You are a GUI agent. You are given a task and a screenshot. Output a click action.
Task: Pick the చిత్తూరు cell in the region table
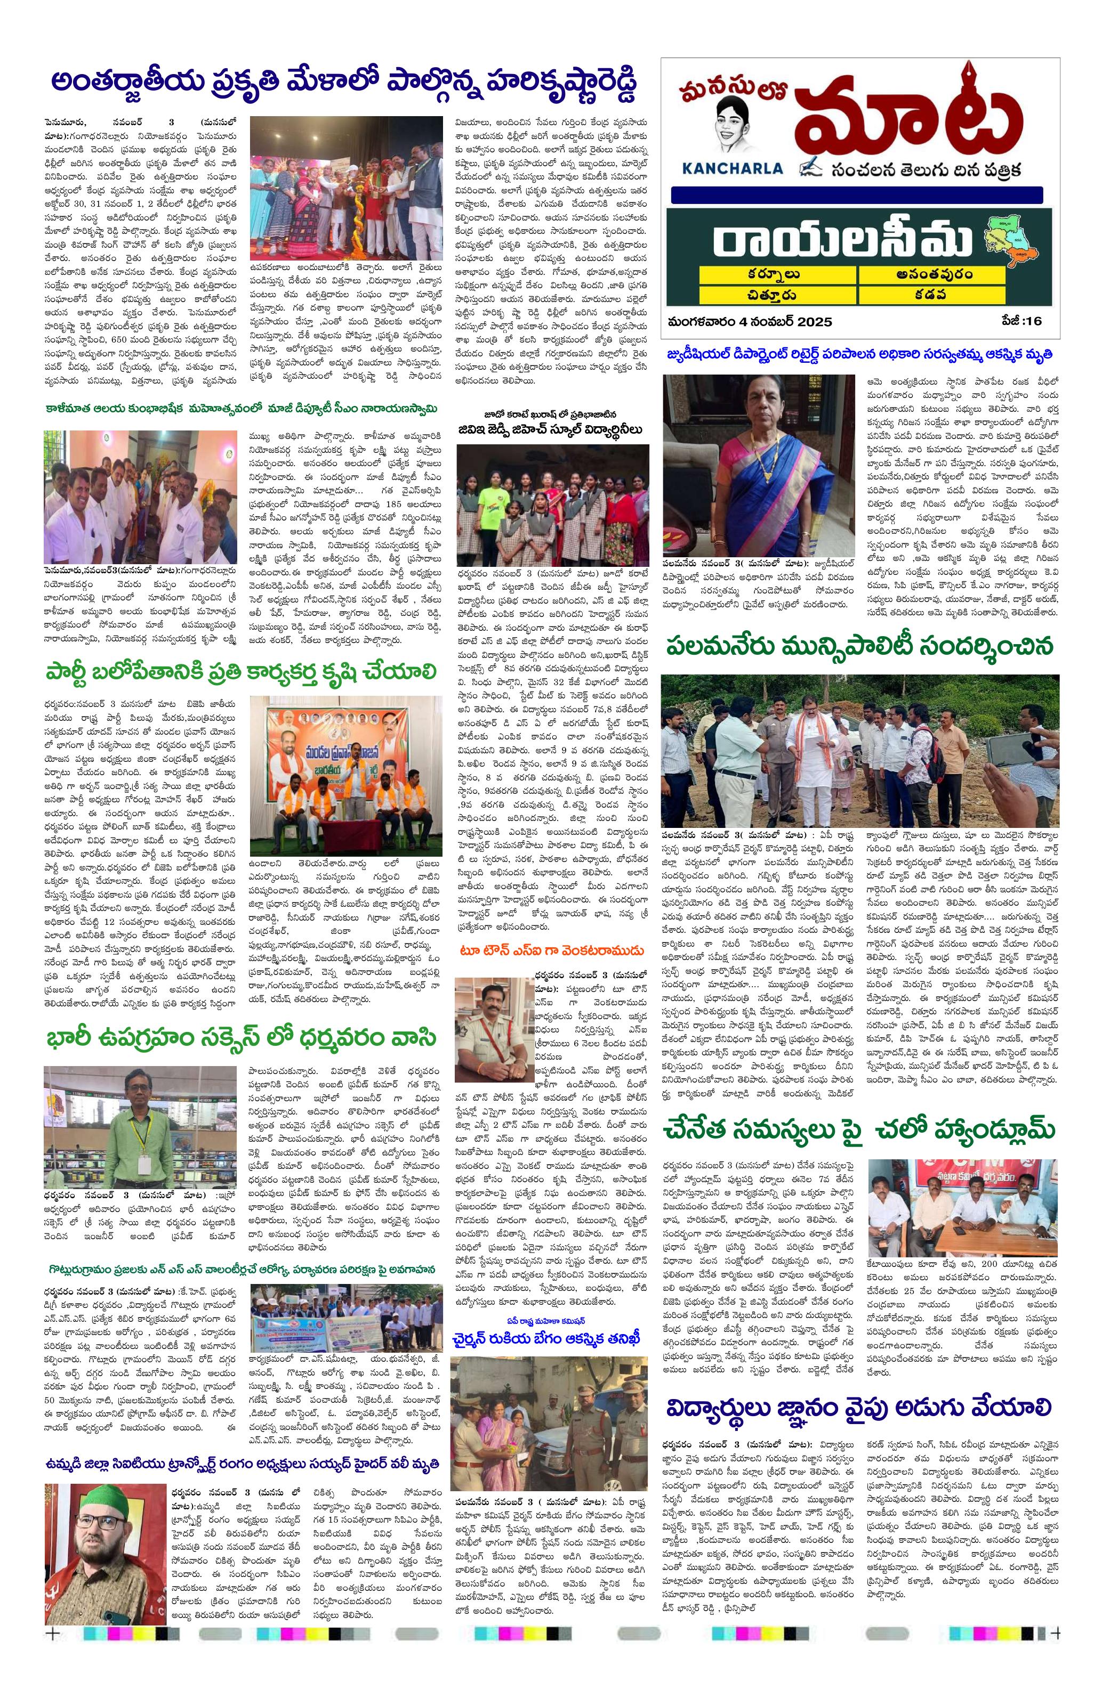[x=778, y=294]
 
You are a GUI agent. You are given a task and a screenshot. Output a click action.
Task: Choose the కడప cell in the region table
[x=932, y=294]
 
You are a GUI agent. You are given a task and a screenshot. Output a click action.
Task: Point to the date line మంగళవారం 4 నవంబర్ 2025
[x=750, y=321]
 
